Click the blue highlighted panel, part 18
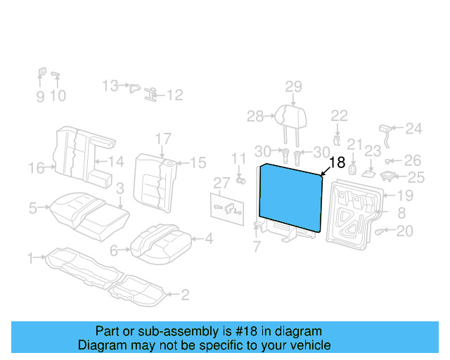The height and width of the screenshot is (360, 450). click(x=290, y=198)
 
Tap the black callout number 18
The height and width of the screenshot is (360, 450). click(x=337, y=162)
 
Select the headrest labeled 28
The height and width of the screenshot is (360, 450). click(x=290, y=117)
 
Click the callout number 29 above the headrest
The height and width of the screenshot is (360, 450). click(x=294, y=86)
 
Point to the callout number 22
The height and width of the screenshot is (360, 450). click(x=339, y=116)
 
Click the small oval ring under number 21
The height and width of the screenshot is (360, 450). click(x=352, y=169)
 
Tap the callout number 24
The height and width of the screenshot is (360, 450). click(x=413, y=129)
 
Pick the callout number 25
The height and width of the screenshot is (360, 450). click(x=416, y=177)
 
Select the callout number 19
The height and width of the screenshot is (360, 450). click(x=405, y=195)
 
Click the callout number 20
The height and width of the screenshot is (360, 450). click(x=405, y=231)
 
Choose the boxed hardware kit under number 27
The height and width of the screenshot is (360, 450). click(x=227, y=210)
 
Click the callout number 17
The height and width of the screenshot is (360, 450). click(x=163, y=139)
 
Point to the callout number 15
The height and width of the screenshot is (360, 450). click(x=198, y=163)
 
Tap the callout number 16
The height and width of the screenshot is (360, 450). click(x=37, y=167)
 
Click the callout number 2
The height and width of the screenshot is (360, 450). click(x=186, y=295)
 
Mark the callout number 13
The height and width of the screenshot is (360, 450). click(x=110, y=86)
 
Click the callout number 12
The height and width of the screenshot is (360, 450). click(x=175, y=95)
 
